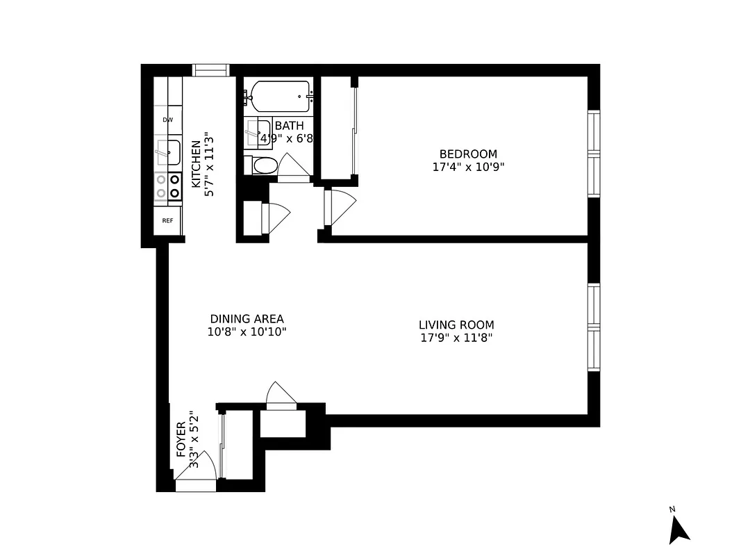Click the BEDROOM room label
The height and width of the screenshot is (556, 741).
(468, 154)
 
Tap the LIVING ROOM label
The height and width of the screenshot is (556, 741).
(456, 325)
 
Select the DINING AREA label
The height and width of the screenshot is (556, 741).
(247, 319)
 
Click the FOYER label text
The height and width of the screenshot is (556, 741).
(181, 439)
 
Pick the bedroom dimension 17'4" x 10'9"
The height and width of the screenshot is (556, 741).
(468, 167)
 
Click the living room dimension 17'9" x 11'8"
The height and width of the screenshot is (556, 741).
(456, 338)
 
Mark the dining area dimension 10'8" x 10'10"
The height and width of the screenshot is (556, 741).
(247, 332)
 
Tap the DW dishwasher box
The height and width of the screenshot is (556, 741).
(167, 120)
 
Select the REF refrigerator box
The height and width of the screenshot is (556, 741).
(167, 221)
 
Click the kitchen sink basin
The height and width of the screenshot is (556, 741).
(168, 152)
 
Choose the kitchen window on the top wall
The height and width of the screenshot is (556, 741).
(210, 69)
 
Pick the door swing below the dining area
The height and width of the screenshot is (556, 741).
(281, 394)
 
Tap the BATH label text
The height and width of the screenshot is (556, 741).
(289, 126)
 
